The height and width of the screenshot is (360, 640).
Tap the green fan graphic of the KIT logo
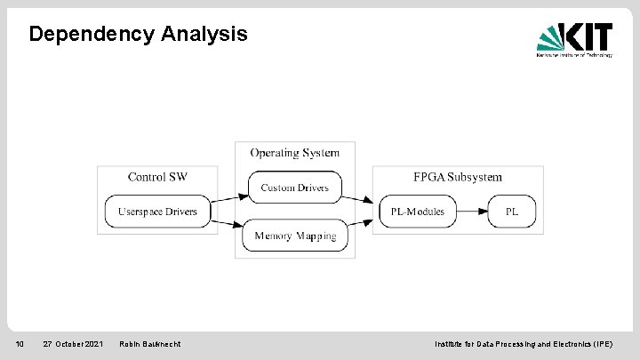pyautogui.click(x=554, y=37)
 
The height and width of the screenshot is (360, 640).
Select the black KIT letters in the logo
pyautogui.click(x=590, y=36)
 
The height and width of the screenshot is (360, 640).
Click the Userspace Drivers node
pyautogui.click(x=157, y=212)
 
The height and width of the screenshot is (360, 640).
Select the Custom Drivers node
pyautogui.click(x=294, y=188)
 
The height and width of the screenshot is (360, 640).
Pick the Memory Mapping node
pyautogui.click(x=295, y=236)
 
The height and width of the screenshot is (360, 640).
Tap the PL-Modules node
pyautogui.click(x=418, y=212)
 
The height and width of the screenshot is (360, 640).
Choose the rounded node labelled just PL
pyautogui.click(x=512, y=212)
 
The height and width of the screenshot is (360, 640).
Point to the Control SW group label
pyautogui.click(x=157, y=177)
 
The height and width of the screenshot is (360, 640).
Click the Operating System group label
pyautogui.click(x=294, y=153)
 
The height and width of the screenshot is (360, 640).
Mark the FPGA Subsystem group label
pyautogui.click(x=458, y=177)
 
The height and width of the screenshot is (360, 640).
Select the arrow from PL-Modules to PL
pyautogui.click(x=472, y=212)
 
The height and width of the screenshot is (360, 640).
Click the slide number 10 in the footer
pyautogui.click(x=19, y=344)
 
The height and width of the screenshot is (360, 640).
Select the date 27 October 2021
pyautogui.click(x=73, y=344)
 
